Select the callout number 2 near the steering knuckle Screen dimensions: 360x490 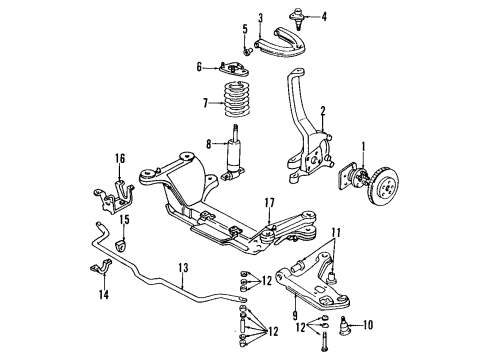coord(323,111)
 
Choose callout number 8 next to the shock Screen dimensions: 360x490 coord(208,143)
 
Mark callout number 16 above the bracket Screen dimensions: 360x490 coord(119,158)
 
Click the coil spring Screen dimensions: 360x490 coord(238,102)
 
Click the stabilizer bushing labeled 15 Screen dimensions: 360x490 coord(124,244)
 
